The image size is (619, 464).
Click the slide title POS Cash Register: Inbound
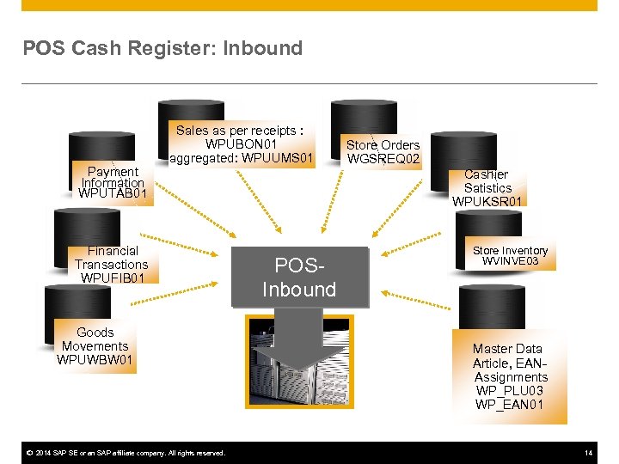(x=162, y=48)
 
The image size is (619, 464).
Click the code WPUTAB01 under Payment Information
(x=112, y=194)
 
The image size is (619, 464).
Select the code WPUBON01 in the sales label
(x=241, y=144)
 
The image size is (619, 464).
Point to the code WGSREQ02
(x=383, y=159)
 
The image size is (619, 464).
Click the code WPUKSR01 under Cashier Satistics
(x=487, y=202)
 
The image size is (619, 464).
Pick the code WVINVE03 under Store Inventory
(x=510, y=261)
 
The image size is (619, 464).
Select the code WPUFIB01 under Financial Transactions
(x=112, y=278)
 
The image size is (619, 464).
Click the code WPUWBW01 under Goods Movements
(x=95, y=360)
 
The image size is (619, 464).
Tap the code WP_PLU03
(x=510, y=391)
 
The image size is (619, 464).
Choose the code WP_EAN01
(x=510, y=405)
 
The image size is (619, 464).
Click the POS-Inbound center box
(x=299, y=278)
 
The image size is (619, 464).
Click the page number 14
(x=588, y=453)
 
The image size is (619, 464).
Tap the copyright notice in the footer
(x=124, y=453)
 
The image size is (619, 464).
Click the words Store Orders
(x=383, y=145)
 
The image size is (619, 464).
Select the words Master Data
(x=507, y=349)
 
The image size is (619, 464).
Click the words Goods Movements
(x=95, y=339)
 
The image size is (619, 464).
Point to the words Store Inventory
(x=510, y=251)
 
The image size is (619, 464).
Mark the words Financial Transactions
(x=112, y=258)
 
